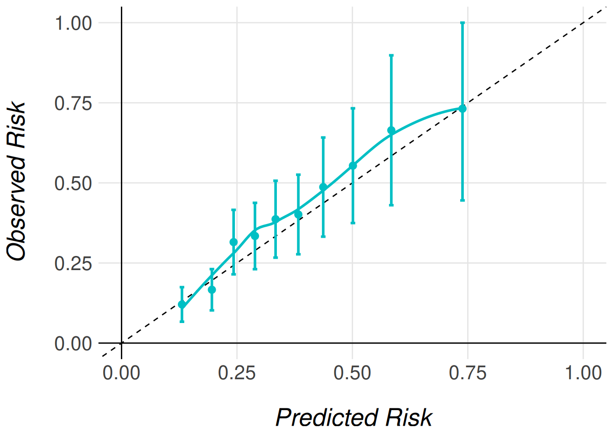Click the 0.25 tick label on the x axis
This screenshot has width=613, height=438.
(x=237, y=373)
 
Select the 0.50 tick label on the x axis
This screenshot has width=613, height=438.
(x=352, y=373)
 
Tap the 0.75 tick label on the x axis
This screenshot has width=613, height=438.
(x=468, y=373)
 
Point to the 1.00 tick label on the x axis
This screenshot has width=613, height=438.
(x=583, y=373)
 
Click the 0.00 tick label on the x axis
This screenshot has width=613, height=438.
(x=121, y=373)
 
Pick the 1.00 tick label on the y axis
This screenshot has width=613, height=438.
(x=73, y=23)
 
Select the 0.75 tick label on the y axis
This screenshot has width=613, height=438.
(x=73, y=103)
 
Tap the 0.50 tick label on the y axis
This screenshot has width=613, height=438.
(x=73, y=183)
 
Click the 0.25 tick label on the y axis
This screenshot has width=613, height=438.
(x=73, y=263)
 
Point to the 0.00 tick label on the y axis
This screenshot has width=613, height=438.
(x=73, y=344)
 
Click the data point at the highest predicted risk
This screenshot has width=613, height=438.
(x=462, y=109)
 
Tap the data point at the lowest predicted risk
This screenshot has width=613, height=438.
(x=182, y=304)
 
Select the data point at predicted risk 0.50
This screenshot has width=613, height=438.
(x=353, y=166)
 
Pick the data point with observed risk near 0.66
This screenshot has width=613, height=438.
(x=391, y=130)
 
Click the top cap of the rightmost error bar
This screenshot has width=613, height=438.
(x=462, y=22)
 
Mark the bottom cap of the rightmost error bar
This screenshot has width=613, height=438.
(x=462, y=200)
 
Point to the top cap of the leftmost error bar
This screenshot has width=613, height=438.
(x=182, y=287)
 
